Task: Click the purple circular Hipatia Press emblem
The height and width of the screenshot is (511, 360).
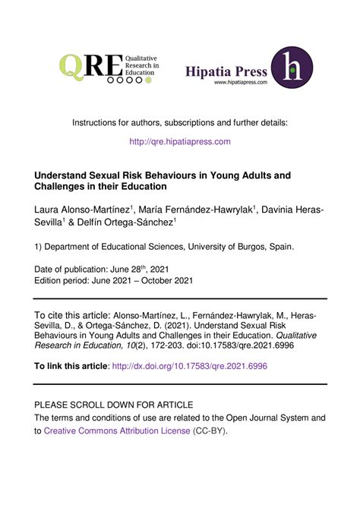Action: [x=292, y=68]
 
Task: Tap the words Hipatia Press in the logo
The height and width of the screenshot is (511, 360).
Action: [x=226, y=71]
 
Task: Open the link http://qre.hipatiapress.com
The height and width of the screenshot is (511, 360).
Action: [x=179, y=141]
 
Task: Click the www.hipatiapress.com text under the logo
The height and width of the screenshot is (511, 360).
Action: [x=241, y=83]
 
